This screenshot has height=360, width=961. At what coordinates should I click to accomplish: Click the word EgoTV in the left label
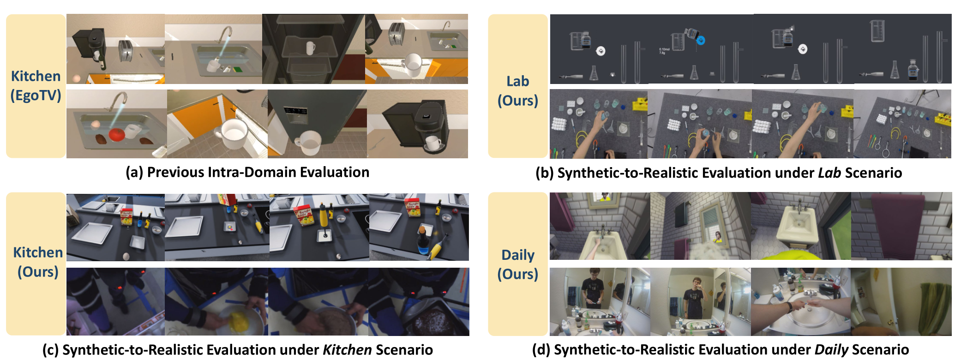click(36, 96)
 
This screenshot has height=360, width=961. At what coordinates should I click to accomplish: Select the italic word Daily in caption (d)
click(831, 350)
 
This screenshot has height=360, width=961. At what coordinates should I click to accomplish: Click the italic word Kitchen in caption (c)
click(347, 350)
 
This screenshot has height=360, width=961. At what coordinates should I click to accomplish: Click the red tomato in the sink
click(117, 135)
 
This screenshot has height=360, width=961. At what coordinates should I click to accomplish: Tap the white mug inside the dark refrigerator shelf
click(311, 48)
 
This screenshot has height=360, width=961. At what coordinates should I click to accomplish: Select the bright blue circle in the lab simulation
click(700, 41)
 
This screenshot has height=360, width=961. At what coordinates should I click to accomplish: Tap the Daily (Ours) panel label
click(518, 264)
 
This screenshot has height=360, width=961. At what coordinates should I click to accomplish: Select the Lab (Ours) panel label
click(518, 90)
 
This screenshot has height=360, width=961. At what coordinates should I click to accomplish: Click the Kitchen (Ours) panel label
click(38, 262)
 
